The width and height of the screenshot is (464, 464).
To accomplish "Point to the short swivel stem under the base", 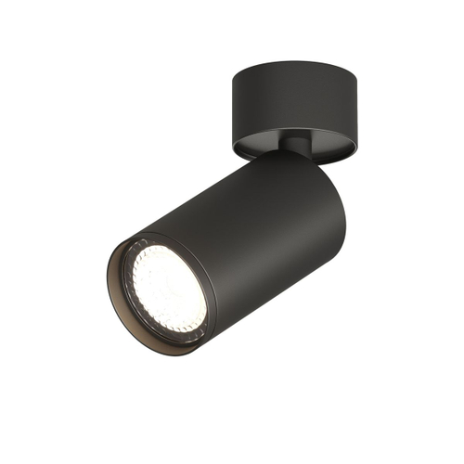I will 297,146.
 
